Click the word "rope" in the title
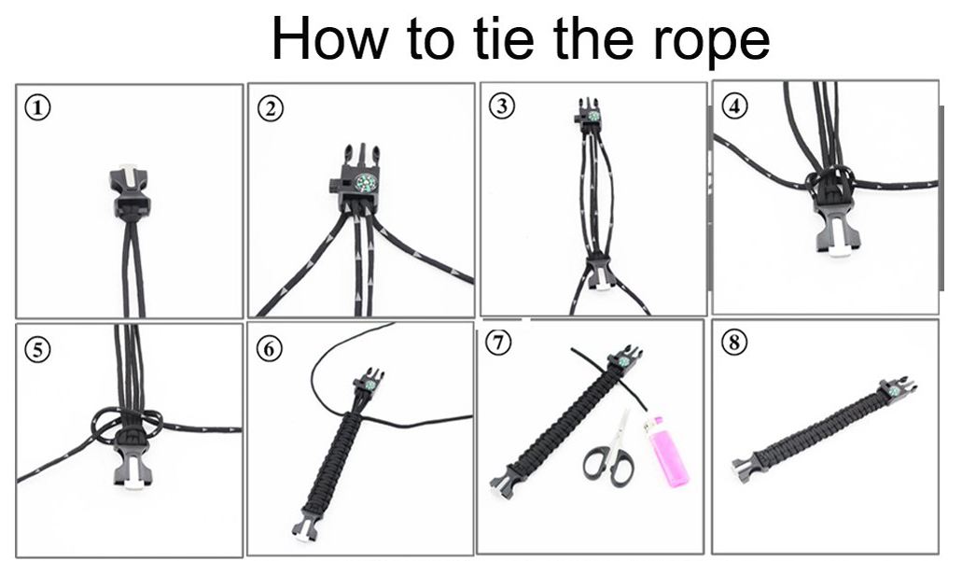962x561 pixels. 710,39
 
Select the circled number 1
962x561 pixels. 38,108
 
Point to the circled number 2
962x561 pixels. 271,109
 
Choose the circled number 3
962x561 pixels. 502,106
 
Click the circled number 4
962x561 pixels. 734,105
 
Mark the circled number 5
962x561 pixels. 38,350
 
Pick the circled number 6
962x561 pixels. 269,348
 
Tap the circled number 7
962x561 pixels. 498,342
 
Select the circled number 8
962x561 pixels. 734,342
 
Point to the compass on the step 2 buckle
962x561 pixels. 365,183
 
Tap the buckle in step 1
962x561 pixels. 130,190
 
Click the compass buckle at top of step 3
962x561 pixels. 591,116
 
